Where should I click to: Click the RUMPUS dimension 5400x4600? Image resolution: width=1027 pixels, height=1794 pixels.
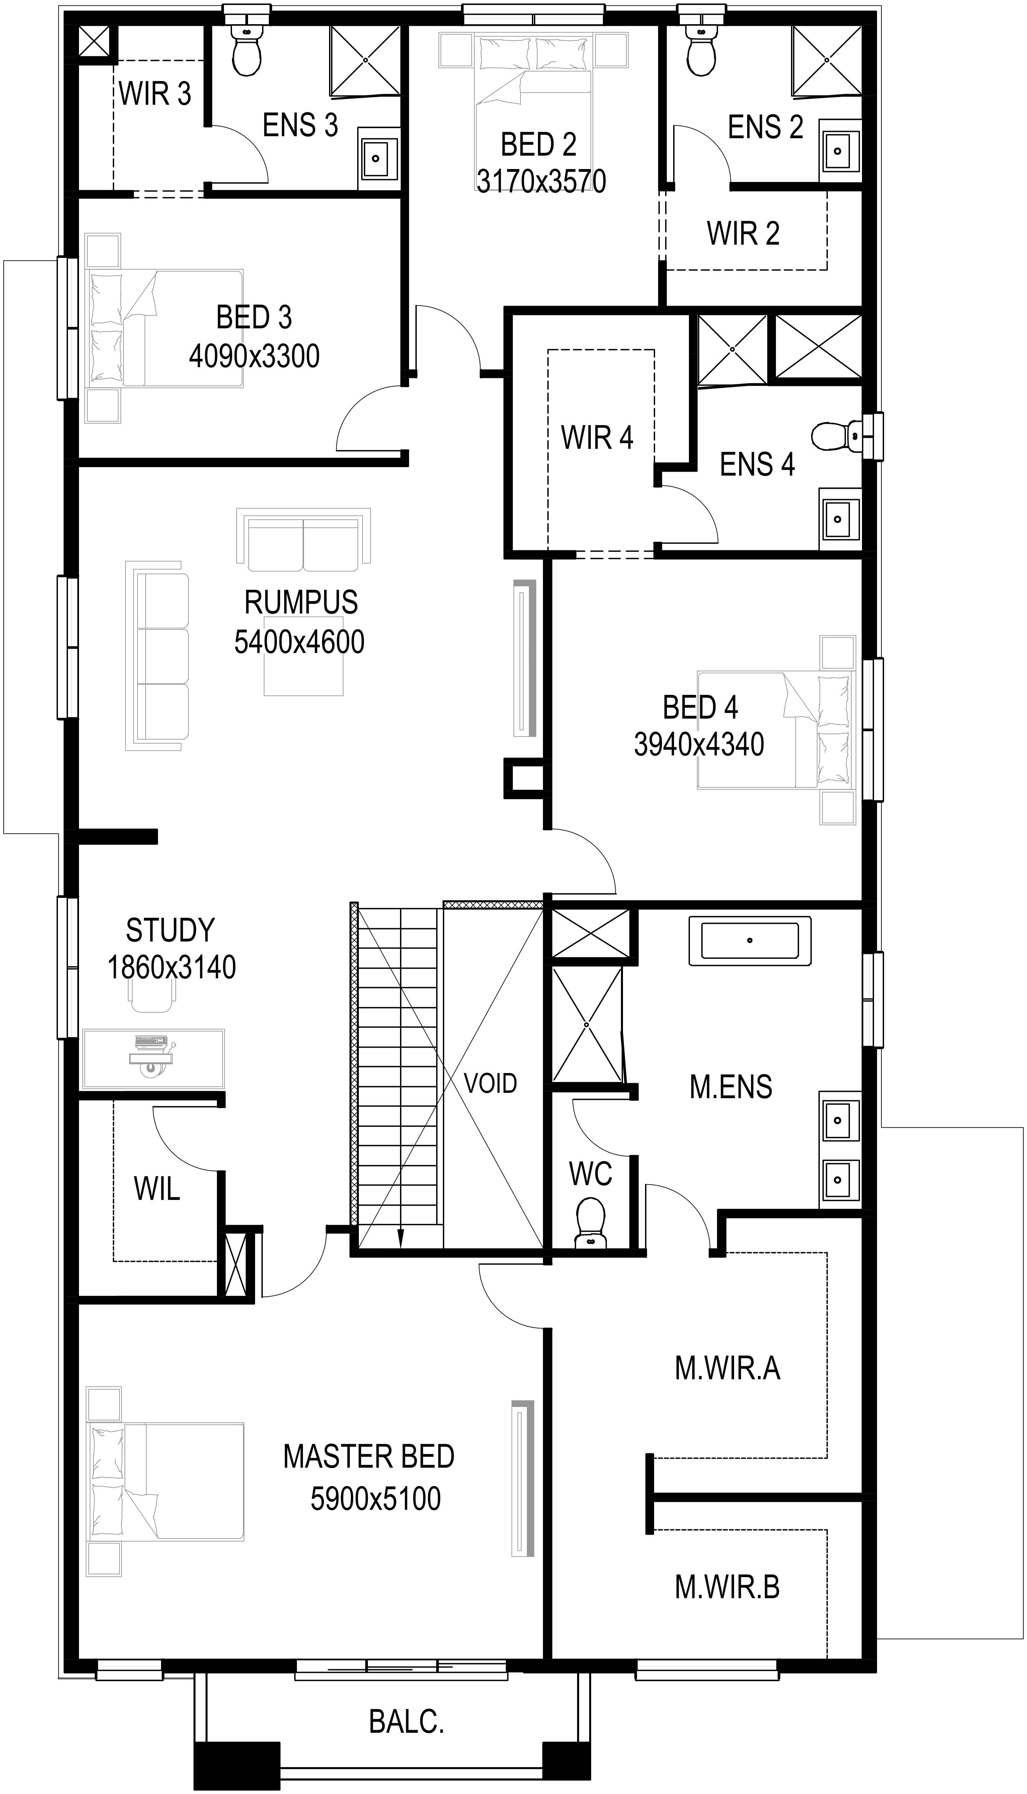tap(299, 642)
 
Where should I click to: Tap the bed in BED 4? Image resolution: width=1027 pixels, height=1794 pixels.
tap(776, 730)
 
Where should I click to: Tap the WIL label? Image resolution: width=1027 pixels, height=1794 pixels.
tap(157, 1189)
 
